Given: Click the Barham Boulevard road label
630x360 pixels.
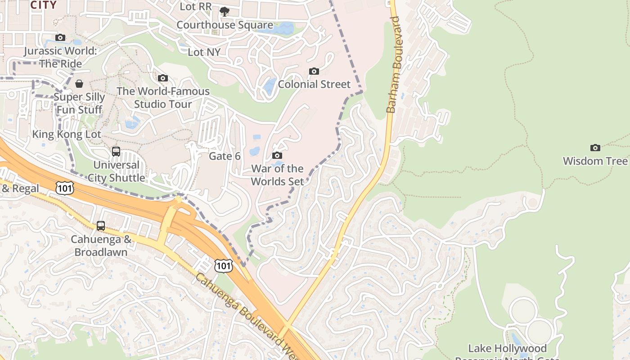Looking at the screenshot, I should coord(394,65).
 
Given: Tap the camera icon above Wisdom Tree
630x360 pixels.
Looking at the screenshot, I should coord(595,148).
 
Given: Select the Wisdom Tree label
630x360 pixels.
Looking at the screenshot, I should coord(595,161).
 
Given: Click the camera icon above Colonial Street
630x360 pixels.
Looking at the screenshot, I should coord(314,71).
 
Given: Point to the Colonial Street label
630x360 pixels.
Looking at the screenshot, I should coord(314,84).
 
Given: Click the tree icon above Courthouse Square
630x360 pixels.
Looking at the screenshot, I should coord(225,12).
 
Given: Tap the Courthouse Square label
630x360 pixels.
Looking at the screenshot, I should coord(225,25).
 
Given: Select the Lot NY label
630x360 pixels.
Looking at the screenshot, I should coord(204,52).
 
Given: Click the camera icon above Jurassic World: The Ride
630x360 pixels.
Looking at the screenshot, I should coord(60,37).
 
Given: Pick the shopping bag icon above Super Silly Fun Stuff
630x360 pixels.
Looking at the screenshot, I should coord(79,84).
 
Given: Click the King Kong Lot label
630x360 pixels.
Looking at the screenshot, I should coord(67,134).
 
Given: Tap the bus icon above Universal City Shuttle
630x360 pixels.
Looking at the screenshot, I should coord(116,152).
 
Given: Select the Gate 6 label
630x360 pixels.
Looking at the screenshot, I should coord(225,156).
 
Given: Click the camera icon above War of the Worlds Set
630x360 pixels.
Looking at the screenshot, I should coord(277,156).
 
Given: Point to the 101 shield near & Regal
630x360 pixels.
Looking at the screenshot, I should coord(65,188).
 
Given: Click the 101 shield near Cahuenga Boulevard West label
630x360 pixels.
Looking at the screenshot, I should coord(224,265).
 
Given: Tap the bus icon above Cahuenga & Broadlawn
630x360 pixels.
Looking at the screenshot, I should coord(101,226).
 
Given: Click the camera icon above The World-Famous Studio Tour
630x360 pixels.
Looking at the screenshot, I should coord(163,78).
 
